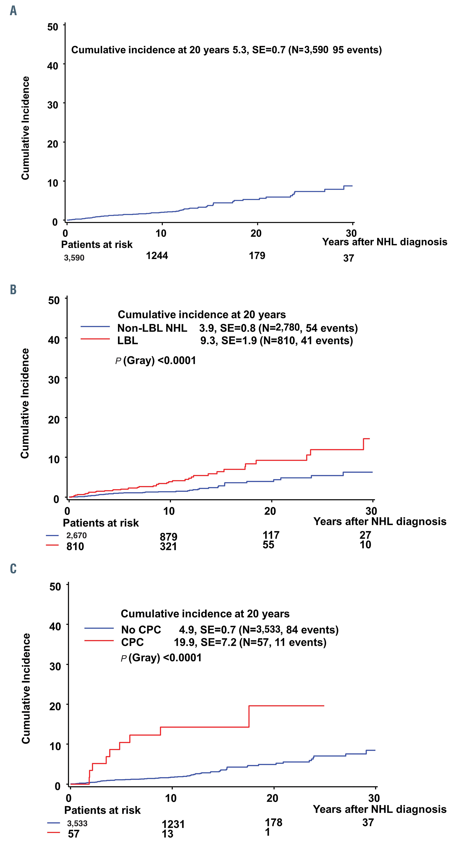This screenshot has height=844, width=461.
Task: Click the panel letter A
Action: (13, 11)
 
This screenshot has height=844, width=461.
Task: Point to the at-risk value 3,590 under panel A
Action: (74, 258)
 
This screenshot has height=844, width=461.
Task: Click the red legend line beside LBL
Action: (95, 339)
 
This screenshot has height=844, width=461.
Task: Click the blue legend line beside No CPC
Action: (99, 628)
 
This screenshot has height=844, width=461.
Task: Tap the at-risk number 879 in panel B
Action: (168, 537)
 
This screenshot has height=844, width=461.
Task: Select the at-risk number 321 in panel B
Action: (168, 546)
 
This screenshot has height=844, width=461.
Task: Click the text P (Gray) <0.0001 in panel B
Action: (156, 360)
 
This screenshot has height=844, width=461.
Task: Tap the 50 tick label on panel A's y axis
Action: (53, 27)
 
